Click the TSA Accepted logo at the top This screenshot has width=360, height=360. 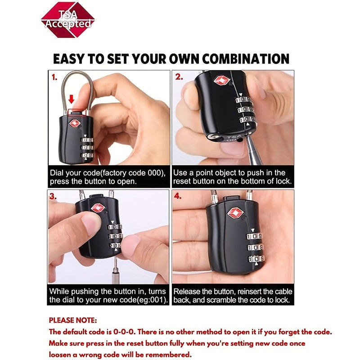click(68, 20)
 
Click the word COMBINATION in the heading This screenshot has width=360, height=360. click(246, 59)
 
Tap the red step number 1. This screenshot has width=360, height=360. click(54, 77)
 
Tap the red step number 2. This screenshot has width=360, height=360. click(179, 77)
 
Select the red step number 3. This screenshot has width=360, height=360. click(53, 196)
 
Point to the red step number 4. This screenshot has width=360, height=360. click(178, 196)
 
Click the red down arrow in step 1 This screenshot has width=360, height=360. click(72, 99)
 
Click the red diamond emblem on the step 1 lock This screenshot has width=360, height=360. click(74, 123)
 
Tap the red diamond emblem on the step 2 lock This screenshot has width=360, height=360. click(222, 81)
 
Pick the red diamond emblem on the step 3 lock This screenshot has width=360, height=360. click(98, 208)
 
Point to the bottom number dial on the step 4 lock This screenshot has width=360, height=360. click(256, 259)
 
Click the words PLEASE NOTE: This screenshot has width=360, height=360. click(73, 320)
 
